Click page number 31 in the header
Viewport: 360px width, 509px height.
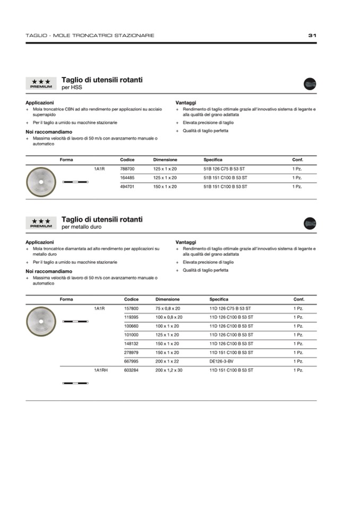pos(312,36)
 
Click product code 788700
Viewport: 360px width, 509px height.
pos(127,168)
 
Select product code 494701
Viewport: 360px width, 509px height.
pos(127,186)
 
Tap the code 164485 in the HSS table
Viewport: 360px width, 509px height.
pos(127,177)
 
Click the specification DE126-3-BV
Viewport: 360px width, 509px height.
pos(222,361)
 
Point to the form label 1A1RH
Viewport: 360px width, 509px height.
pos(101,370)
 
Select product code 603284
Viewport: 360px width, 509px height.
pos(131,370)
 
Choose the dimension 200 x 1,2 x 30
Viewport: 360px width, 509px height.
pos(169,370)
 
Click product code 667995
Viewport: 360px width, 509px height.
pos(131,361)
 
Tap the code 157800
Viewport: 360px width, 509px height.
pos(131,308)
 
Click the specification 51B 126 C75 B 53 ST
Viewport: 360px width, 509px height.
pos(225,168)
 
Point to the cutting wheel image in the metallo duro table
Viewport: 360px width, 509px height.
pos(41,322)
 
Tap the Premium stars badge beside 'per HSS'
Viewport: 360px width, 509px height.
pos(41,83)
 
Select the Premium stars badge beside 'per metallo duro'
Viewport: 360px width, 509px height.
pos(41,223)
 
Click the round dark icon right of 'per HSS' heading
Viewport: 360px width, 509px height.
pos(310,83)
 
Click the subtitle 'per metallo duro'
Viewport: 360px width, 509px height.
pos(81,227)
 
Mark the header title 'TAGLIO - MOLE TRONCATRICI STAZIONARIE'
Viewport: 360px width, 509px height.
pos(90,36)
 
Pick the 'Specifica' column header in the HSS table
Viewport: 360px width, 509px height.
pos(213,160)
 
